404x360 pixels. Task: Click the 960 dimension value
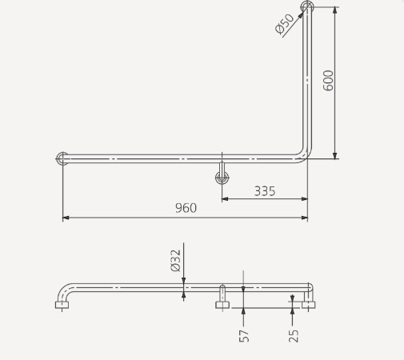point(186,208)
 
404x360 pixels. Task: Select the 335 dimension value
point(265,190)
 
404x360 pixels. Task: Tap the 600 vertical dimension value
point(329,80)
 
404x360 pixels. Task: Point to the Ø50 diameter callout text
point(285,24)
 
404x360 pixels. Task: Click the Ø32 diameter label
point(176,260)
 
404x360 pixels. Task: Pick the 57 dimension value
point(244,335)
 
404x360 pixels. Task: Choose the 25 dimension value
point(294,335)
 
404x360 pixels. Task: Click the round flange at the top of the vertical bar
point(307,7)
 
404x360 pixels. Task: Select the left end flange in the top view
point(62,158)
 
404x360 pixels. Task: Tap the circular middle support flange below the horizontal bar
point(222,178)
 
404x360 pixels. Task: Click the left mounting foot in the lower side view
point(62,304)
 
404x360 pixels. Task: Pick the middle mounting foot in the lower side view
point(222,304)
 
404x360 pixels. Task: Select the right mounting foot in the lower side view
point(310,304)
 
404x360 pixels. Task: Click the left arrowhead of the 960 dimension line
point(65,217)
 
